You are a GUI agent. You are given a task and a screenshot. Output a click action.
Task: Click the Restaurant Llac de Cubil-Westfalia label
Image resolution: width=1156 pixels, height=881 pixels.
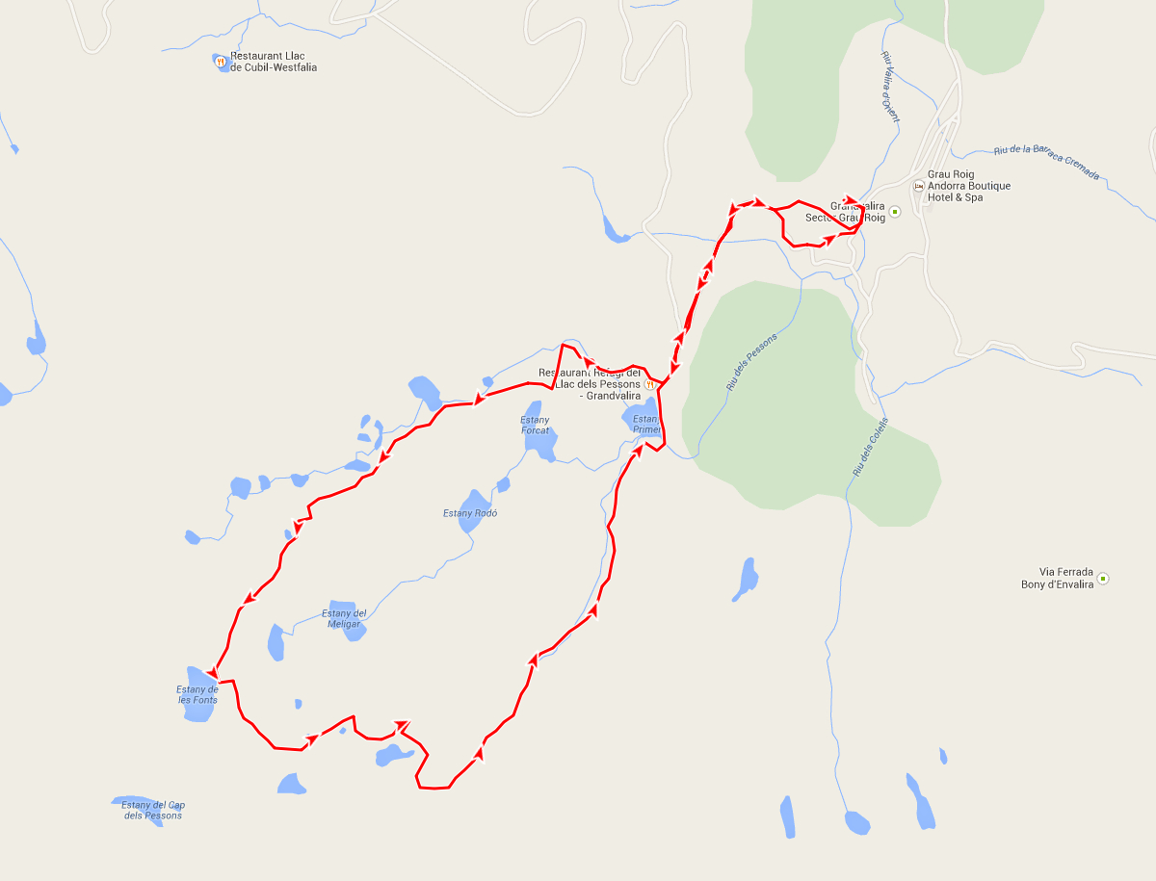274,62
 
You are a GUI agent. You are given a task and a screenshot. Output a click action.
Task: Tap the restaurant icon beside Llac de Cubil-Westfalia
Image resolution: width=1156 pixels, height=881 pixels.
221,61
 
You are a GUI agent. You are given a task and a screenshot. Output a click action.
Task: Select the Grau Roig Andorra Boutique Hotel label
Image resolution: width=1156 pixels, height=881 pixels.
968,186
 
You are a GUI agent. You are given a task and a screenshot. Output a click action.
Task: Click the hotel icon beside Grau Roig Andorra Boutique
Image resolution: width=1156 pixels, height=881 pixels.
918,186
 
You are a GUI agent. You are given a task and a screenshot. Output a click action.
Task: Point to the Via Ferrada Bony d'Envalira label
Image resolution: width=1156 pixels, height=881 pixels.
1057,578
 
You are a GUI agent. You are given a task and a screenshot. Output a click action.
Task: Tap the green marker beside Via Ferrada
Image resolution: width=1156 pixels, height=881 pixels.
1103,579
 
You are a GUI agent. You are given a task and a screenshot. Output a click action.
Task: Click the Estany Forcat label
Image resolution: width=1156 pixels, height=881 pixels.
535,425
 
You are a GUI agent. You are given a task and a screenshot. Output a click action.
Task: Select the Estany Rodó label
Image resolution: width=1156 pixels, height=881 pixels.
470,513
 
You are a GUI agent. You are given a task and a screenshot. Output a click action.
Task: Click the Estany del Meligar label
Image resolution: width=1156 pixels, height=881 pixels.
344,618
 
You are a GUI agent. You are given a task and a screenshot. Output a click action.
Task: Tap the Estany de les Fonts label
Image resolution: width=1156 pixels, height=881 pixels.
197,694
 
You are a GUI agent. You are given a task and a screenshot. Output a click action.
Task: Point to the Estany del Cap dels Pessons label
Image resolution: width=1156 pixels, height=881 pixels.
152,810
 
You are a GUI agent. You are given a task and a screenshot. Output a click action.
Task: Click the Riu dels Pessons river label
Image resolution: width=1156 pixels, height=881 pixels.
751,361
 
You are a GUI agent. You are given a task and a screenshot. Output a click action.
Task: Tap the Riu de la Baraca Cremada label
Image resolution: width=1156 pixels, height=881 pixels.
1045,164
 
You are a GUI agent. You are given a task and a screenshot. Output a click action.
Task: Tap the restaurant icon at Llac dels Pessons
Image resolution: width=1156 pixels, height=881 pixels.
649,384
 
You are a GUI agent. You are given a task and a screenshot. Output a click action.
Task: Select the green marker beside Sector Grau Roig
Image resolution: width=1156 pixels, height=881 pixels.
894,212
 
